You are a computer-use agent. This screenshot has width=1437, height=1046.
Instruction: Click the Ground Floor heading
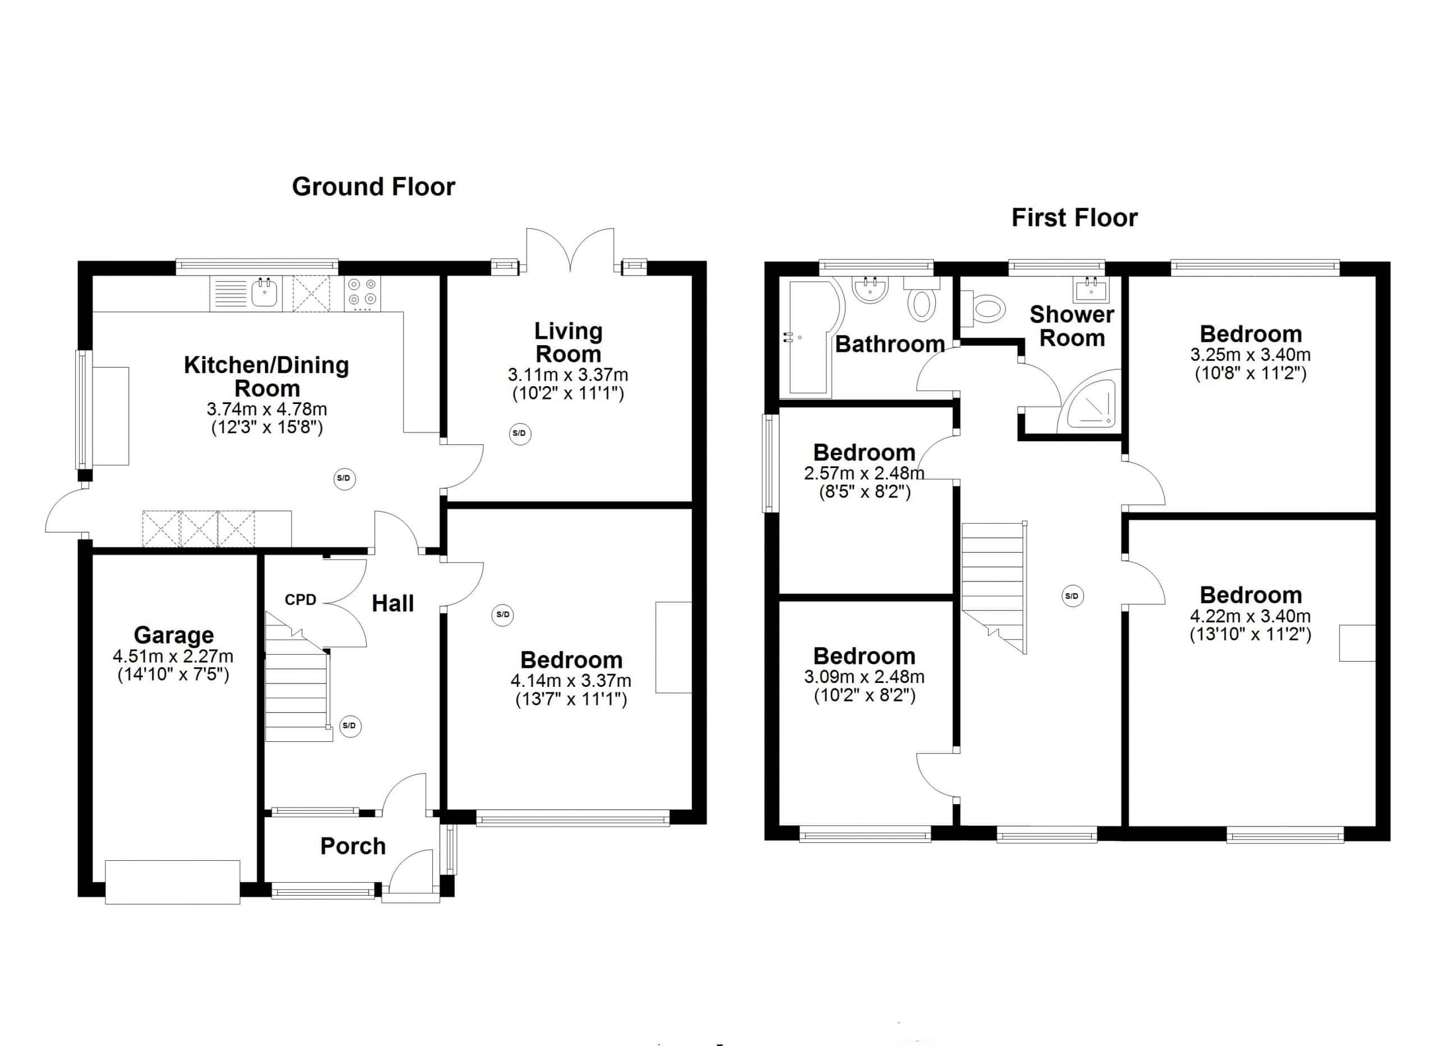click(x=373, y=187)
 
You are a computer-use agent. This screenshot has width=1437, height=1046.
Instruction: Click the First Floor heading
click(x=1074, y=218)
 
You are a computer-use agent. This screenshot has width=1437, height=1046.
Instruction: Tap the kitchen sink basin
click(x=265, y=293)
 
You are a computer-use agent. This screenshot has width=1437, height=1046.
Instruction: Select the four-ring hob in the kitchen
click(x=363, y=293)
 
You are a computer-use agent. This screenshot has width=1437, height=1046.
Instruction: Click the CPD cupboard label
click(x=300, y=599)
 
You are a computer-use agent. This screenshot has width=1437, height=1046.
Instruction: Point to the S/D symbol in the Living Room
click(x=520, y=433)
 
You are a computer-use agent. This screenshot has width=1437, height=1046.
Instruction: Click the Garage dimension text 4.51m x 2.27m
click(x=173, y=656)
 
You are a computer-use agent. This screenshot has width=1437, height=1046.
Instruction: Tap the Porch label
click(x=353, y=846)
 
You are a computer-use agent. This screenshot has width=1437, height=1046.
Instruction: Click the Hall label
click(x=393, y=603)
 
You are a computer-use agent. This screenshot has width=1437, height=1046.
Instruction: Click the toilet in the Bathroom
click(x=922, y=301)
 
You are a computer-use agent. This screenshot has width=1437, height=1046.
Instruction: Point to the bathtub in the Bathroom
click(x=812, y=339)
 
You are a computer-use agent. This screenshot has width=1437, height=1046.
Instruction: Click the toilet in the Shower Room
click(x=985, y=310)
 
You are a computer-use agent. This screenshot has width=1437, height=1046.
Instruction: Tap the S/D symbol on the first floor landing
click(x=1072, y=595)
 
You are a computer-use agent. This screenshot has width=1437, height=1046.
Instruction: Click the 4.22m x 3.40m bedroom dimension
click(x=1250, y=616)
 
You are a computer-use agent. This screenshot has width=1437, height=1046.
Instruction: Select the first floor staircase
click(x=993, y=586)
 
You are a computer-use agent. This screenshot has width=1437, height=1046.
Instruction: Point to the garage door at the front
click(x=172, y=881)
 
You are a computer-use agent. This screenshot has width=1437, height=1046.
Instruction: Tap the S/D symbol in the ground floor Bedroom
click(x=502, y=614)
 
